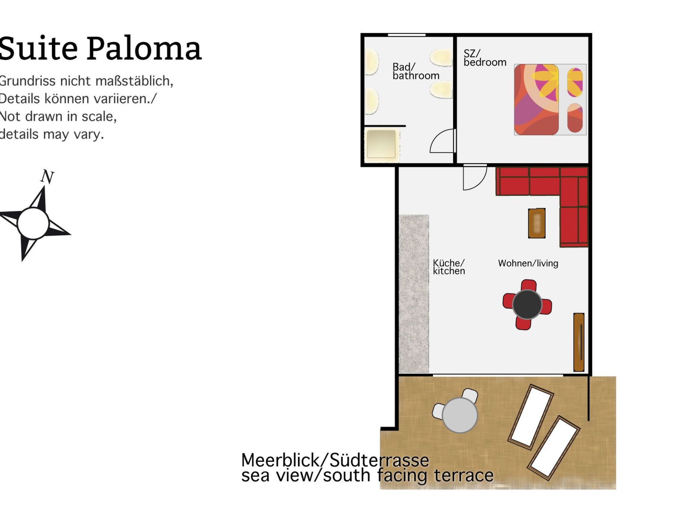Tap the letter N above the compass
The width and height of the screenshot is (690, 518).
coord(47,177)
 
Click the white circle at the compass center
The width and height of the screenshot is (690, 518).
coord(33,224)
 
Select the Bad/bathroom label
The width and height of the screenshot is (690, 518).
coord(416,71)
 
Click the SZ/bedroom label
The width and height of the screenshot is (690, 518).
coord(484,58)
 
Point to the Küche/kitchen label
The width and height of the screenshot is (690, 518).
coord(449,267)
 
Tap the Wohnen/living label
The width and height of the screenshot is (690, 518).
coord(528,263)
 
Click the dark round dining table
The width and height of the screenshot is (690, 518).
coord(527,304)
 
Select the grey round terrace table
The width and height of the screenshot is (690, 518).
coord(460,415)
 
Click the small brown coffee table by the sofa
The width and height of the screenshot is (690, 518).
coord(537,223)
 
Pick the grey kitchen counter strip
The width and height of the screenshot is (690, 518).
coord(414,293)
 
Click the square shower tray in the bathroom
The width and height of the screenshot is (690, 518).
coord(381,144)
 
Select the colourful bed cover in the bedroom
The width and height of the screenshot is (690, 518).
coord(536,99)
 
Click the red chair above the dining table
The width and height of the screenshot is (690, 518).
coord(528,285)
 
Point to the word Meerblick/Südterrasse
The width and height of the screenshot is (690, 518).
coord(335,460)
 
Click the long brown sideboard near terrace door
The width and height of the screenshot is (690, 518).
coord(579,342)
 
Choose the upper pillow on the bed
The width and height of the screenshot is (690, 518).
coord(575,82)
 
